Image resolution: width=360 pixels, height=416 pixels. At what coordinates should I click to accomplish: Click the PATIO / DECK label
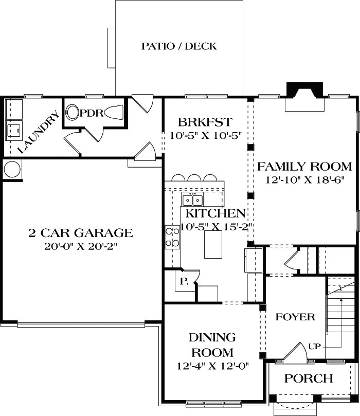click(179, 46)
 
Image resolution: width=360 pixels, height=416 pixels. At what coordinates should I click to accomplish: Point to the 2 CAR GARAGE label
click(80, 233)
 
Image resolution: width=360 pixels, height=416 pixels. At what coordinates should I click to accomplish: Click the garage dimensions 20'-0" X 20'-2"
click(80, 246)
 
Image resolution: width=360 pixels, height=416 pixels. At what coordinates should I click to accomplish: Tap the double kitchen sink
click(192, 200)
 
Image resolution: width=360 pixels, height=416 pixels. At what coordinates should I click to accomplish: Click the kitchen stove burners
click(172, 237)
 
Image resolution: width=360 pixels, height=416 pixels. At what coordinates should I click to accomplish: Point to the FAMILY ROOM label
click(304, 167)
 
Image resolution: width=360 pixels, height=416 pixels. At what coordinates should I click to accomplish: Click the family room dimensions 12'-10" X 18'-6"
click(304, 180)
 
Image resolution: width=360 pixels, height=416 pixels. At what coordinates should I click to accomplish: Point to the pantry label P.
click(184, 281)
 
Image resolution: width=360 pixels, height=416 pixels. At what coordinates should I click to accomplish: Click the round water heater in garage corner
click(12, 169)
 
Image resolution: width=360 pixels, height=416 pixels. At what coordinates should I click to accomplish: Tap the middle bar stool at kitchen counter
click(194, 178)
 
